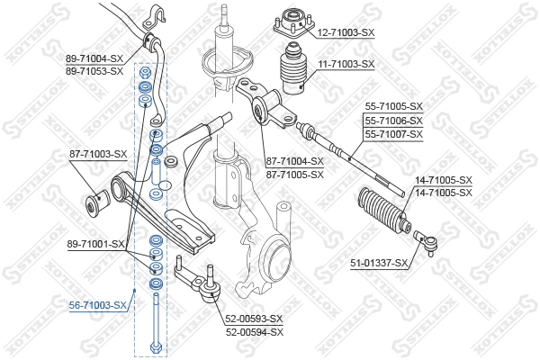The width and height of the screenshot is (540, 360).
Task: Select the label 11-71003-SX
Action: [x=345, y=65]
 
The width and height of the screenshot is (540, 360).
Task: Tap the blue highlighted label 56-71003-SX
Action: [x=98, y=306]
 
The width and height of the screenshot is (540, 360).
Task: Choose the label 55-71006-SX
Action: [x=392, y=121]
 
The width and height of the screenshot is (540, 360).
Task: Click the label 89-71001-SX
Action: [x=96, y=244]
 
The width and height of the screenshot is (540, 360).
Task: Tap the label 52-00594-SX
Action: [x=254, y=331]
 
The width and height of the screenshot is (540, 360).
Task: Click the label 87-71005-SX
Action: [x=294, y=174]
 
